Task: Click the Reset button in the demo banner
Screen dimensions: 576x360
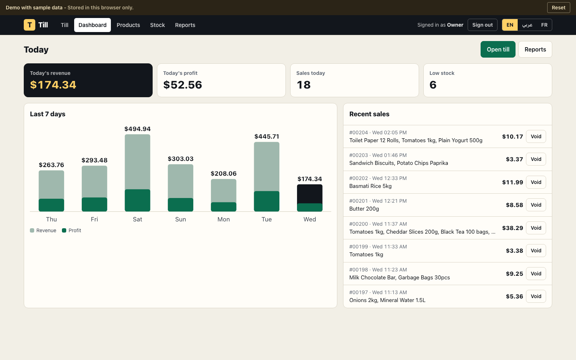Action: [558, 8]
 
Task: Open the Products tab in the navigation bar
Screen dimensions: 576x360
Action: [128, 25]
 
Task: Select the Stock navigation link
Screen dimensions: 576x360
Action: [157, 25]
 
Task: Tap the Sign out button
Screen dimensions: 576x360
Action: [482, 25]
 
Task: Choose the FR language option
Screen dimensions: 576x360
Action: [544, 25]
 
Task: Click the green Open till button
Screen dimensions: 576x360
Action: [498, 49]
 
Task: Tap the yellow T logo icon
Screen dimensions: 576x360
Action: [30, 25]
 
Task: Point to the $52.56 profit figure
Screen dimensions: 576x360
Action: [183, 85]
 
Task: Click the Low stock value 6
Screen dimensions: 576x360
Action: [433, 85]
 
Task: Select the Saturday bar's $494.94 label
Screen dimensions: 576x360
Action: [138, 129]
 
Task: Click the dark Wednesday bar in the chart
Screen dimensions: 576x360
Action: [310, 194]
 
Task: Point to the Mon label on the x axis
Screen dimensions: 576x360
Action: [224, 219]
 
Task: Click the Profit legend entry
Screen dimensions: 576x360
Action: [72, 230]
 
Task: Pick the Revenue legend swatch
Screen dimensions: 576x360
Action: [32, 230]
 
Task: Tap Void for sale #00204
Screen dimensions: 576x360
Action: [536, 136]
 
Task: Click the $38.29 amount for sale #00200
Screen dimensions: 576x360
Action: [513, 228]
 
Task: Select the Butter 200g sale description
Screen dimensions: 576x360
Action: [364, 209]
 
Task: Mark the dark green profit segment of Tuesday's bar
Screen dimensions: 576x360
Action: [267, 201]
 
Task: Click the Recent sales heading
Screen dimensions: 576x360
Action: [369, 114]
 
